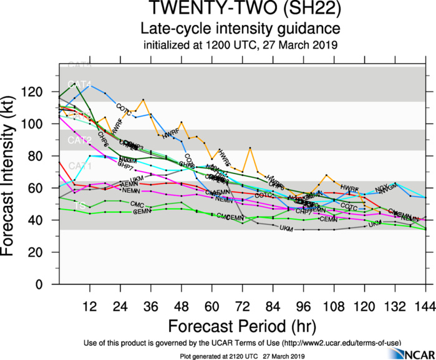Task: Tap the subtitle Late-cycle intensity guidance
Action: [x=240, y=29]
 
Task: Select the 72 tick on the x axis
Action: [x=242, y=306]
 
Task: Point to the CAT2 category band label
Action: [x=80, y=140]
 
